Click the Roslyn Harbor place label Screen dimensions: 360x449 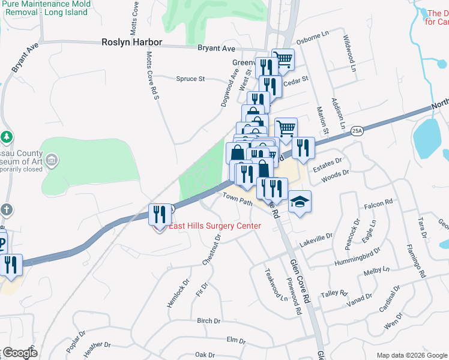pyautogui.click(x=132, y=42)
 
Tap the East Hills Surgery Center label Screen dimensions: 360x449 pyautogui.click(x=214, y=226)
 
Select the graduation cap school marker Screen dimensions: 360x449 pyautogui.click(x=300, y=201)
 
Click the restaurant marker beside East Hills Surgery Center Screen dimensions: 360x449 pyautogui.click(x=160, y=214)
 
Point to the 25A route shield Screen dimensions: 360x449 pyautogui.click(x=357, y=130)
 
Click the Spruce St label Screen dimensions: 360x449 pyautogui.click(x=190, y=79)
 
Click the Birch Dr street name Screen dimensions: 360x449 pyautogui.click(x=208, y=321)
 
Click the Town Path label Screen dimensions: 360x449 pyautogui.click(x=238, y=199)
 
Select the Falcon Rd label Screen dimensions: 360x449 pyautogui.click(x=378, y=205)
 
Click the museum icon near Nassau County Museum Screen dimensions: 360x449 pyautogui.click(x=52, y=160)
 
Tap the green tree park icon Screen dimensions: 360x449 pyautogui.click(x=7, y=137)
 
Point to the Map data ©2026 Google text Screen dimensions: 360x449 pyautogui.click(x=412, y=355)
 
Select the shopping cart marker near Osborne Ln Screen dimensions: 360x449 pyautogui.click(x=283, y=59)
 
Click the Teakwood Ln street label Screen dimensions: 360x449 pyautogui.click(x=276, y=285)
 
